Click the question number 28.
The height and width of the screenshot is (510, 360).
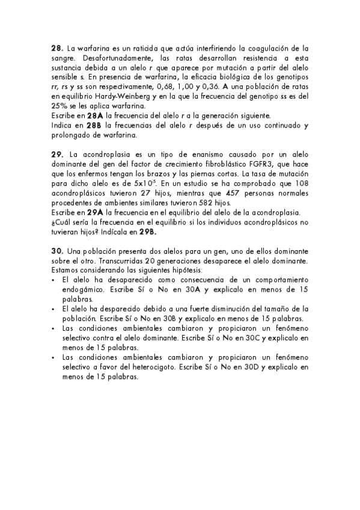[57, 48]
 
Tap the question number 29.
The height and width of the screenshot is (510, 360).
[57, 155]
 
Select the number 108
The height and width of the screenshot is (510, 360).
[301, 183]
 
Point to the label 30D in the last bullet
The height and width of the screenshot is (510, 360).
[250, 366]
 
